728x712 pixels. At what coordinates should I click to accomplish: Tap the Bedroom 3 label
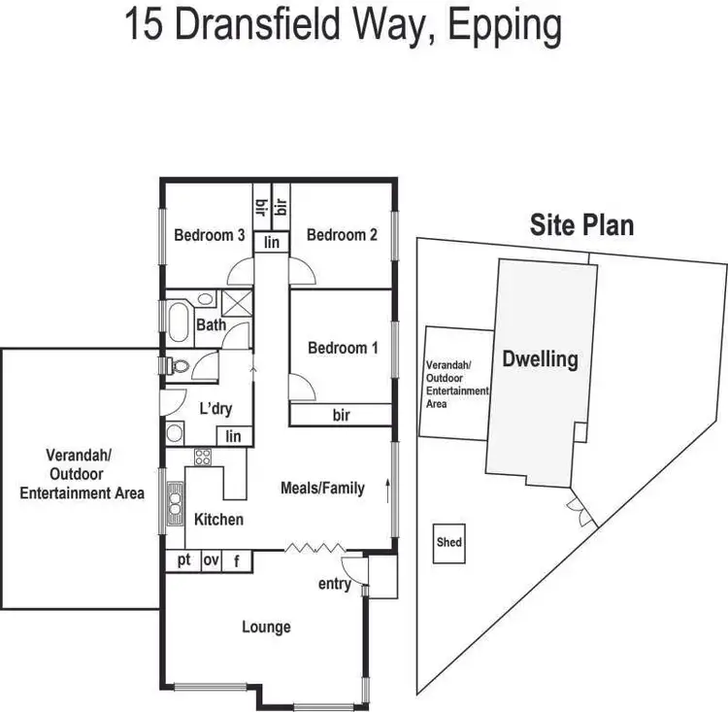point(209,235)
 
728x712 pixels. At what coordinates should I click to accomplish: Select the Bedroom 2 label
point(342,235)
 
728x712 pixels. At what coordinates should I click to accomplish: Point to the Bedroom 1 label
point(343,348)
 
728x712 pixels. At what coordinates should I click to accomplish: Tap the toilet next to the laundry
point(177,366)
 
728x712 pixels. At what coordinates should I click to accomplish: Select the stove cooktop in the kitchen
point(204,458)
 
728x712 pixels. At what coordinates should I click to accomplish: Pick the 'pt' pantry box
point(182,560)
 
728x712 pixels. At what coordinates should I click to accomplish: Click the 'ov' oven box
point(211,560)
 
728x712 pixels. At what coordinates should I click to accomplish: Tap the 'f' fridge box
point(237,560)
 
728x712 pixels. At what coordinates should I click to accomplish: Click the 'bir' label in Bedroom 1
point(341,416)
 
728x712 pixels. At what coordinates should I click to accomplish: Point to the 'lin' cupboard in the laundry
point(233,437)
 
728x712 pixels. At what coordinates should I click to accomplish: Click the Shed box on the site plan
point(448,543)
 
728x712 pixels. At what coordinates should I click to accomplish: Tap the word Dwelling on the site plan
point(540,359)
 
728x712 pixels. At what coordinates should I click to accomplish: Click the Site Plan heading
point(581,225)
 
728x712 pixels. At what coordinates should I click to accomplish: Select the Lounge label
point(266,627)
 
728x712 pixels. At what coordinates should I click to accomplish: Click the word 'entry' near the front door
point(334,584)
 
